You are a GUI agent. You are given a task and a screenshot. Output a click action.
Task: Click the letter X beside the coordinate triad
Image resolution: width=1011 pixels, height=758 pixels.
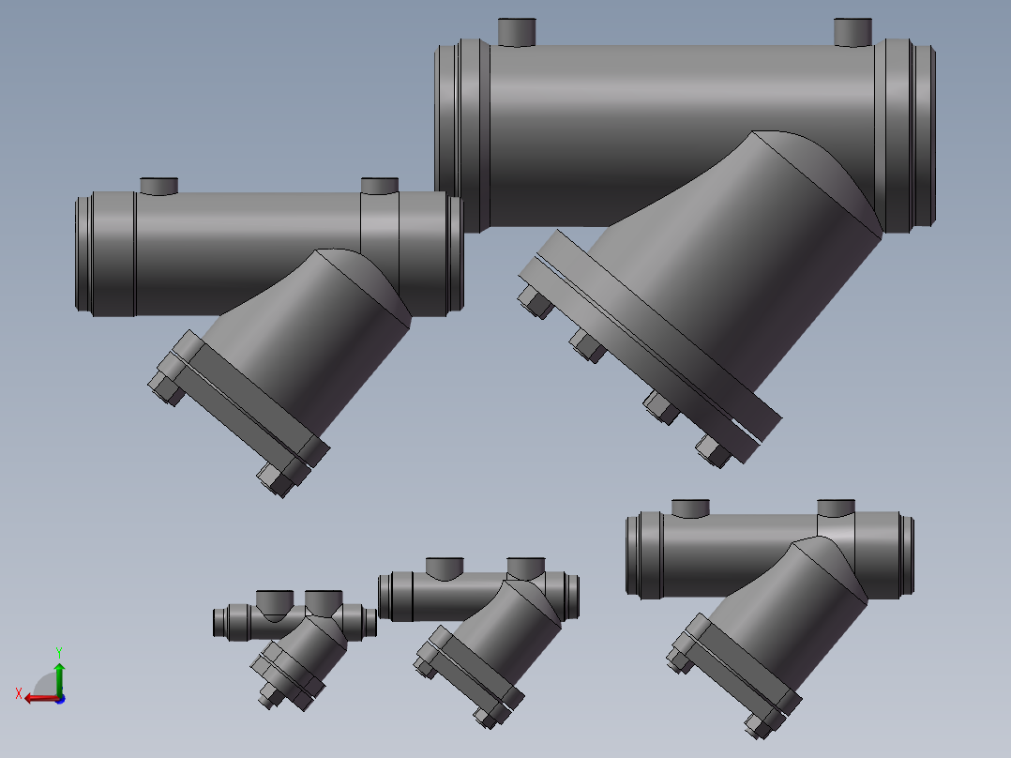point(19,693)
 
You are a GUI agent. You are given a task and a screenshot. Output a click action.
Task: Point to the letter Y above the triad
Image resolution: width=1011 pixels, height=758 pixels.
point(58,651)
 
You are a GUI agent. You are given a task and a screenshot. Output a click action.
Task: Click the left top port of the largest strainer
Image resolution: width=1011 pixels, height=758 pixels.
point(516,32)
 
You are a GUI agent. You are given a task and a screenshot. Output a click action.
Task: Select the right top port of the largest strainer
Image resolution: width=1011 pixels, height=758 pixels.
point(853,32)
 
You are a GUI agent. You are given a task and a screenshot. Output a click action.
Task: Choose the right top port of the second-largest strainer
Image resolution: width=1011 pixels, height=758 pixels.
point(380,186)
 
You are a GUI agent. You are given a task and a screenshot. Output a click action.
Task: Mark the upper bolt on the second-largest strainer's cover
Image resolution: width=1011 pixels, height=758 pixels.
point(166,387)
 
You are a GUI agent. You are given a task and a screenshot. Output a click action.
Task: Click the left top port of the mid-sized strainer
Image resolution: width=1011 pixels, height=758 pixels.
point(690,508)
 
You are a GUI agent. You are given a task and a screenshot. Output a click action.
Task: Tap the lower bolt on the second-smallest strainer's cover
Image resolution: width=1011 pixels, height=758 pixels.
point(488,716)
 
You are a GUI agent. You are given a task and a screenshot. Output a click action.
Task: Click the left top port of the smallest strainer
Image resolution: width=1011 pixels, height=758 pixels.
point(274,600)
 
